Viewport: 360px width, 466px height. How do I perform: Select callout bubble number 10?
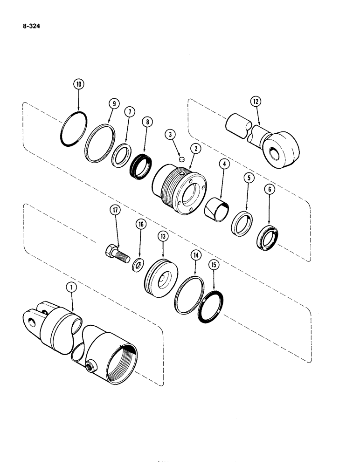(78, 84)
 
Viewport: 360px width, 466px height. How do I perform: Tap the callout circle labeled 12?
(255, 101)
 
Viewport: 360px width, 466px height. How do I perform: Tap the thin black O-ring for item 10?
(74, 130)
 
